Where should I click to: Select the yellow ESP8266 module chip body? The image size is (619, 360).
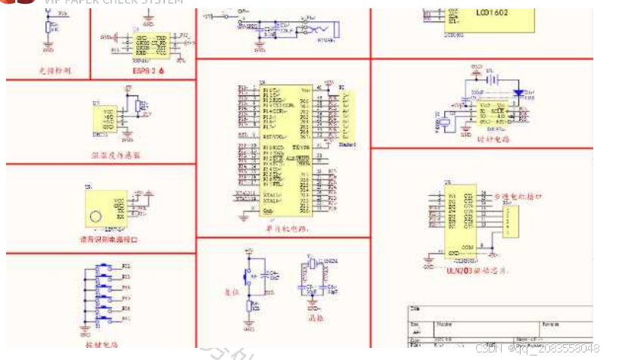click(x=151, y=45)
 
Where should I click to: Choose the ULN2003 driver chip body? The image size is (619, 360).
click(x=460, y=219)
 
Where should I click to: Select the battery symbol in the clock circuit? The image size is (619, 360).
click(x=493, y=78)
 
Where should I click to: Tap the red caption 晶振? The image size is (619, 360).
click(x=316, y=318)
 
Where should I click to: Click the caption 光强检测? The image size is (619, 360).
click(x=54, y=70)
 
